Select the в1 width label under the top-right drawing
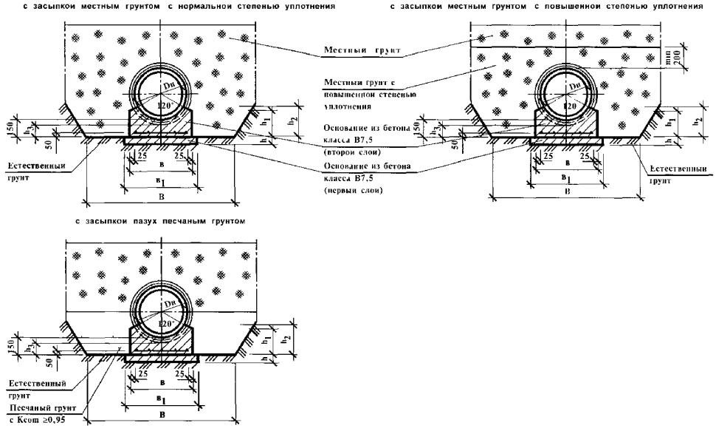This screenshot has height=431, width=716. (x=566, y=177)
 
